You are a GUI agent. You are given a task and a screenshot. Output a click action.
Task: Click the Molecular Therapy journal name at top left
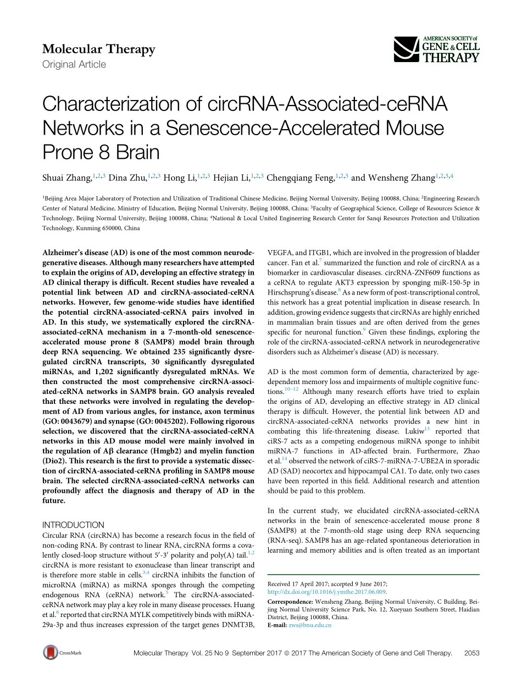(x=99, y=49)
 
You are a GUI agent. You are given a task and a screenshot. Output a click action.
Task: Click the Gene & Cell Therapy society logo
(x=437, y=49)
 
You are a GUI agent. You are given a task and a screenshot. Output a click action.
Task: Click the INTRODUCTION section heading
(x=73, y=525)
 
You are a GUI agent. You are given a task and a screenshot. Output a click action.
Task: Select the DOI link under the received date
(x=327, y=592)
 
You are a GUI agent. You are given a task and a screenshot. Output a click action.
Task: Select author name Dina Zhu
(x=127, y=177)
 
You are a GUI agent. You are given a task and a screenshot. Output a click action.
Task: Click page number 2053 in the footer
(x=472, y=653)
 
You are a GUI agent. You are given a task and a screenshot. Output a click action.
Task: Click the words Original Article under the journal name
(x=74, y=64)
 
